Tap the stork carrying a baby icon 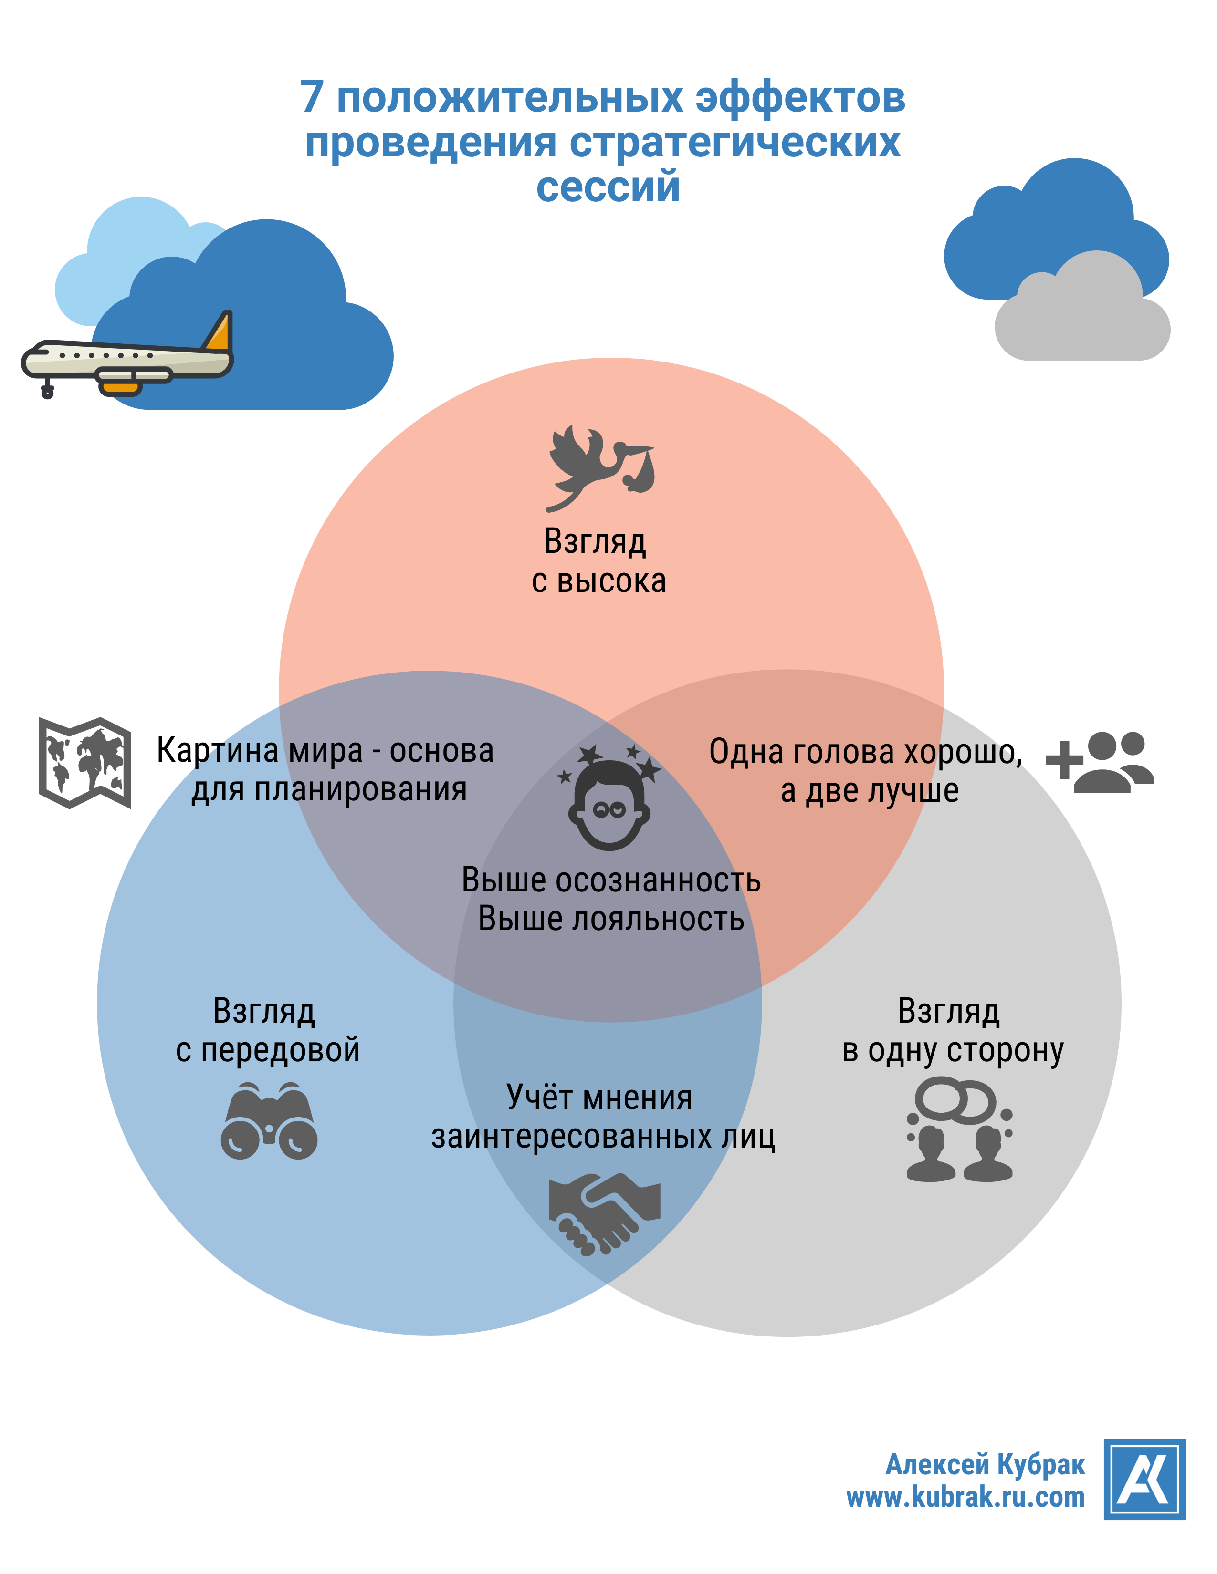(600, 466)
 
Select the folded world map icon (85, 763)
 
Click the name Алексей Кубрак (985, 1464)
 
